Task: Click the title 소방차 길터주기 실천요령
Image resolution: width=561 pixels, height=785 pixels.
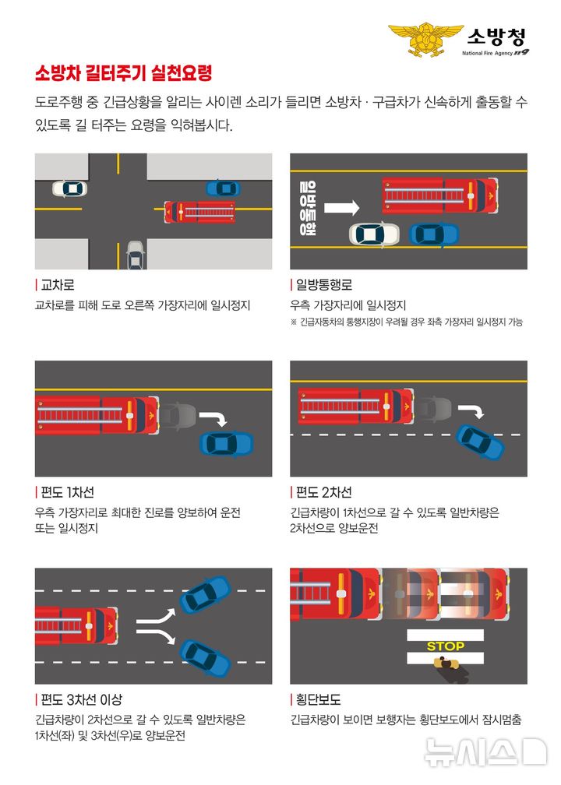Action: click(x=123, y=74)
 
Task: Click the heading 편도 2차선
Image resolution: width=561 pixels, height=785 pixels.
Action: click(x=323, y=492)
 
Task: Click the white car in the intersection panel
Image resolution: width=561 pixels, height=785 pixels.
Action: click(x=69, y=188)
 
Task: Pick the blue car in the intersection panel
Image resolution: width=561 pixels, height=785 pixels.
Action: click(x=223, y=188)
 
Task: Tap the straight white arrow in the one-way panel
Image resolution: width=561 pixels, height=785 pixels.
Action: click(x=340, y=208)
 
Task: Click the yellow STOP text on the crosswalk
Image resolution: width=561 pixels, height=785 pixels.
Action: click(x=445, y=646)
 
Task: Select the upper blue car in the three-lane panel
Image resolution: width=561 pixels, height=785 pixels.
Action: click(x=205, y=593)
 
